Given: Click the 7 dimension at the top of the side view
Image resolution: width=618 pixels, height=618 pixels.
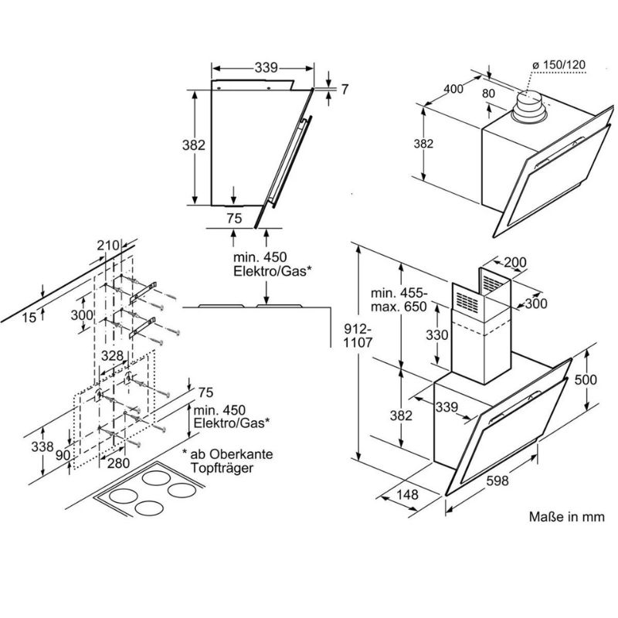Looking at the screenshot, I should pyautogui.click(x=344, y=90).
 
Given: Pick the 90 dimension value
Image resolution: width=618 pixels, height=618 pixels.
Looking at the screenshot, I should pyautogui.click(x=62, y=455).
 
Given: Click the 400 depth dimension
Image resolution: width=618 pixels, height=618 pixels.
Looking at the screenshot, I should pyautogui.click(x=453, y=89).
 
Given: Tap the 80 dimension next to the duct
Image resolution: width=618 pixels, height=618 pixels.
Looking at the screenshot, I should pyautogui.click(x=487, y=94).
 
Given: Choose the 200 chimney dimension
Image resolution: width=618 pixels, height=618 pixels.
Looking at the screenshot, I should pyautogui.click(x=515, y=263).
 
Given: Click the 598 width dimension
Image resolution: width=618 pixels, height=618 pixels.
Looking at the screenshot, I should pyautogui.click(x=497, y=481).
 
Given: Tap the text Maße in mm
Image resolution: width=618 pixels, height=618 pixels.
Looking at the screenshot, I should pyautogui.click(x=566, y=517).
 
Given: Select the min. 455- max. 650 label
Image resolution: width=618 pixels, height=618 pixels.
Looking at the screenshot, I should pyautogui.click(x=398, y=300).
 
